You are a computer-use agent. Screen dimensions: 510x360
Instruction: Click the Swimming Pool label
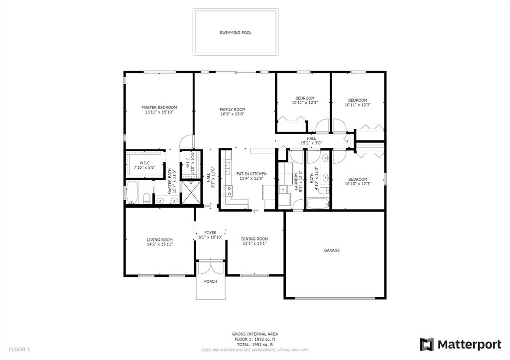235,33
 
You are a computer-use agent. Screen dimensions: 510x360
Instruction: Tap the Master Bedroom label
159,108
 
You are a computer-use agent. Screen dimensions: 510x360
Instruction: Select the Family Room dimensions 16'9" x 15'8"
232,114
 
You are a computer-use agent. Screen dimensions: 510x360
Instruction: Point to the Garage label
332,250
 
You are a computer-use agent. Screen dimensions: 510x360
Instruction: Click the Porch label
211,282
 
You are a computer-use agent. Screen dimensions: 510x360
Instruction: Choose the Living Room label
160,240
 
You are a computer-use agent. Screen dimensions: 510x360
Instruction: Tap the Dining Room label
255,239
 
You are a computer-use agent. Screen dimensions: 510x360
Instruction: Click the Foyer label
210,233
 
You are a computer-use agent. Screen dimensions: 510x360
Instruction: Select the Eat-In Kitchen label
252,174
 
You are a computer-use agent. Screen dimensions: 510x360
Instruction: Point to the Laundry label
296,181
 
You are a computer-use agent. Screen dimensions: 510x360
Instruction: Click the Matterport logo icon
427,345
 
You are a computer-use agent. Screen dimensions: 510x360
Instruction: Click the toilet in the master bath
147,198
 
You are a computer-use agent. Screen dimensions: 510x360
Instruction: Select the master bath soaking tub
132,192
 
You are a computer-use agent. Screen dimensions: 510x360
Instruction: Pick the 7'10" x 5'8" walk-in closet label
145,167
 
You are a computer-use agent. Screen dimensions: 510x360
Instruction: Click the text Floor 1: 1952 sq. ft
255,339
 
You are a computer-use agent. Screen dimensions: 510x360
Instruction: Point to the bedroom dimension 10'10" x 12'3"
358,184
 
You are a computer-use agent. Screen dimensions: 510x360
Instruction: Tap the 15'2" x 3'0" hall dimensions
311,143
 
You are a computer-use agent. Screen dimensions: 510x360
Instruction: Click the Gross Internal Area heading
255,334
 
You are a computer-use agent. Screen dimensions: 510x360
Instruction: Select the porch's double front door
211,268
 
